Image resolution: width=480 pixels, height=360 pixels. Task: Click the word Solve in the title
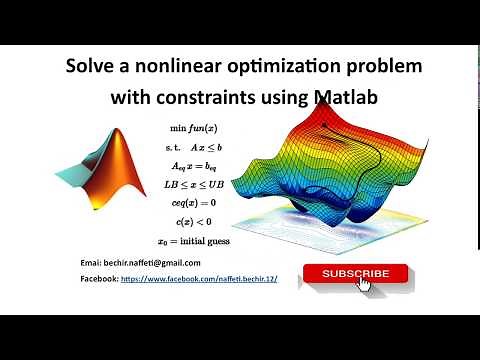pos(90,68)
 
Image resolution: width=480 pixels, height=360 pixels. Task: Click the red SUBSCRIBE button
pos(355,273)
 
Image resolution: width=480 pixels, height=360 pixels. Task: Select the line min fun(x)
pos(194,129)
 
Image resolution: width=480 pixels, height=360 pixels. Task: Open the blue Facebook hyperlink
pos(198,281)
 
